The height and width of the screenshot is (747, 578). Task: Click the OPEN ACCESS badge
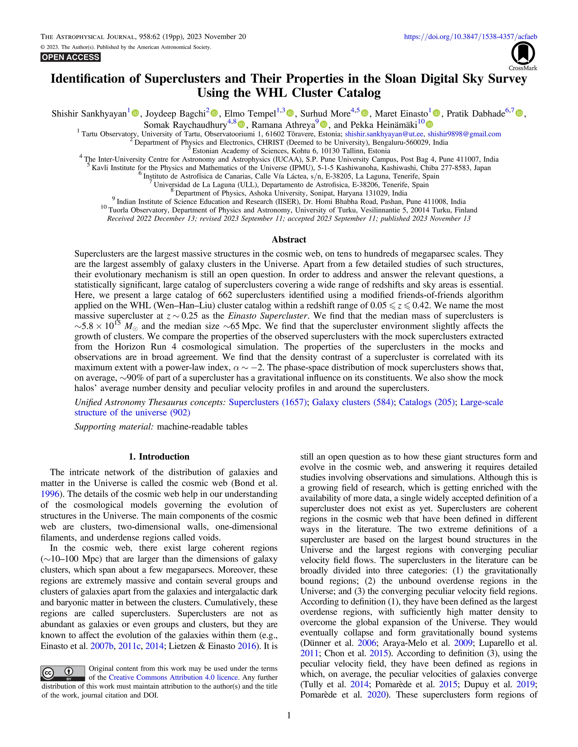(71, 57)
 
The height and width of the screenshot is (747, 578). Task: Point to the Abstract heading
(289, 239)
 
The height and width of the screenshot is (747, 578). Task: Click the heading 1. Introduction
(159, 457)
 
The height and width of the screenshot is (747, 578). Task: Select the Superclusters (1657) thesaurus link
(268, 402)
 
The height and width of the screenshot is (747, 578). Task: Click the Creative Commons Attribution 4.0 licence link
(173, 677)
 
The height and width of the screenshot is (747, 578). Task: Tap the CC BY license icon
(63, 673)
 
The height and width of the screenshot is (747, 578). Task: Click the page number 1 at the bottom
(289, 715)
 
